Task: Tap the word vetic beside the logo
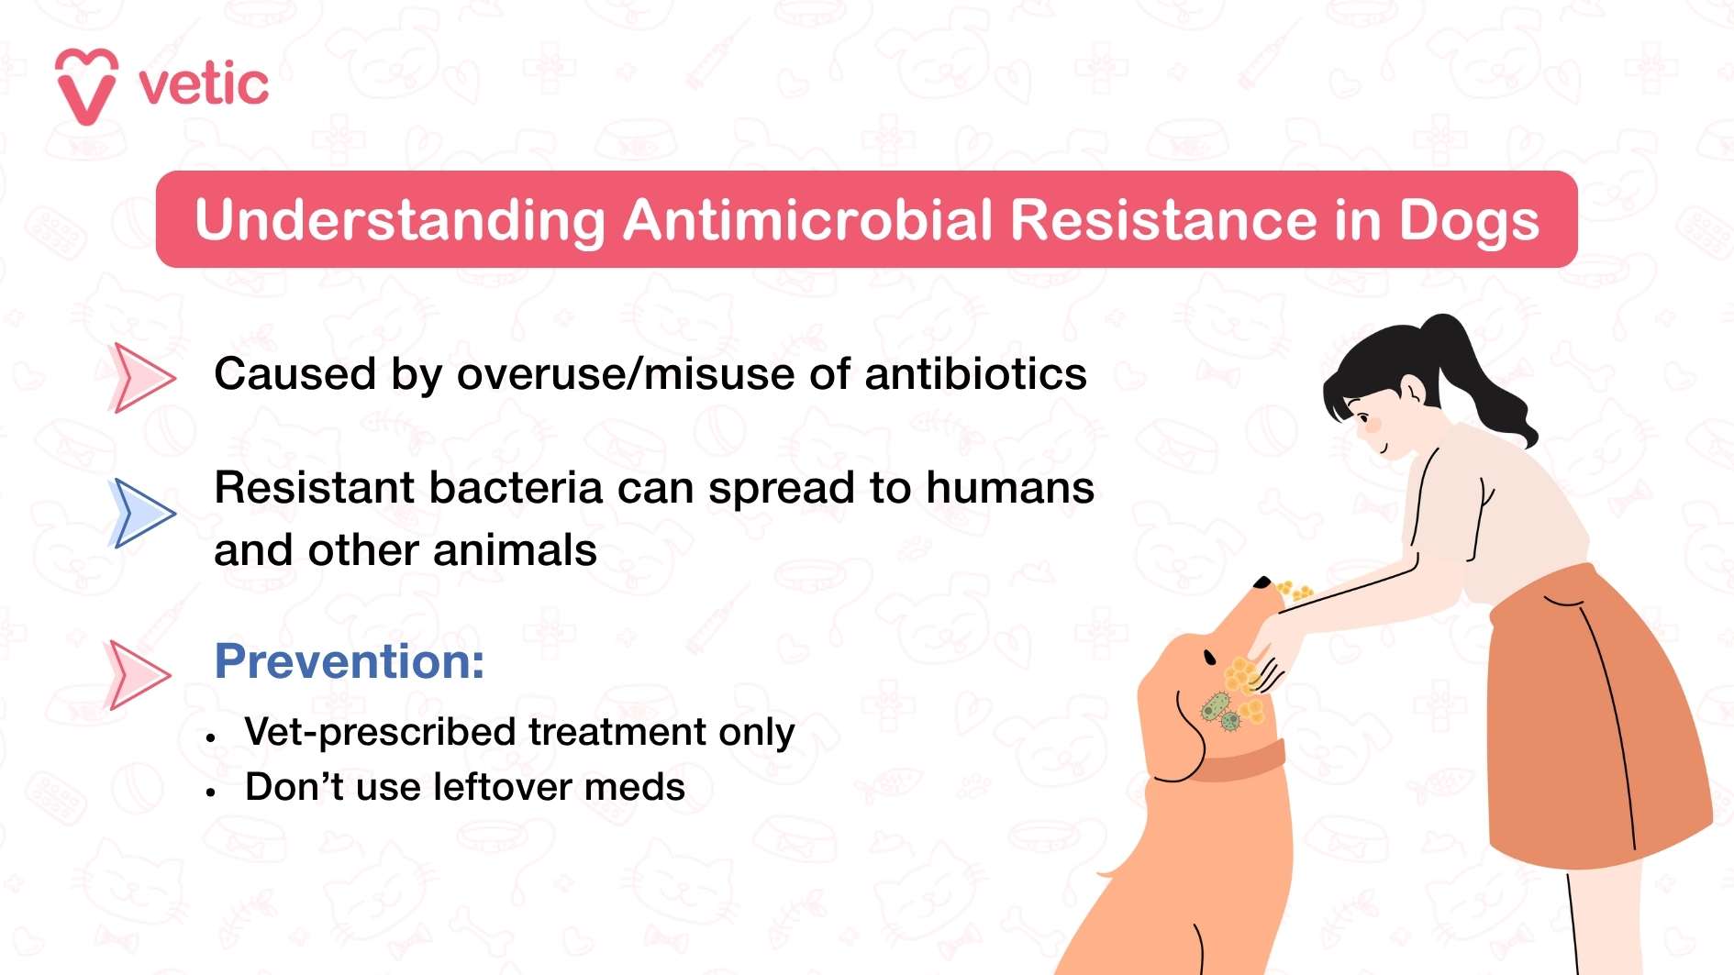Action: coord(204,85)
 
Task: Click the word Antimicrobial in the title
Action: coord(808,220)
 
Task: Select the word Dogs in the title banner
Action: coord(1468,222)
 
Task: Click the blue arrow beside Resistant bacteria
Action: coord(142,513)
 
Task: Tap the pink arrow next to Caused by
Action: coord(142,377)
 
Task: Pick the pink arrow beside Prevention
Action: coord(139,674)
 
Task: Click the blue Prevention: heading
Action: coord(350,661)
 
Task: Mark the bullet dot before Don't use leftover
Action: coord(211,791)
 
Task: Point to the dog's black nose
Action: coord(1262,582)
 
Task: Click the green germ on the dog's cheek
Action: coord(1216,707)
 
